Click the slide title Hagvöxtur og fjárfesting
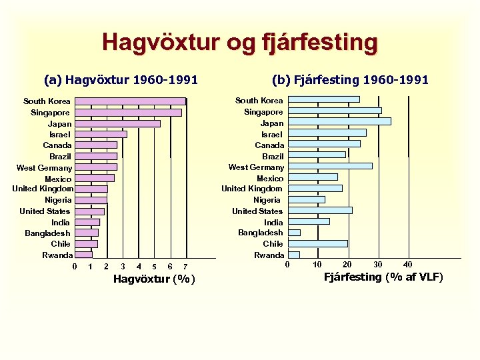[240, 43]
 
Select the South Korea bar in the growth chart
[130, 101]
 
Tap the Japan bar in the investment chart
[339, 121]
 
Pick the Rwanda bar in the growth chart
[83, 255]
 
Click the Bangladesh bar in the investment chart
[294, 233]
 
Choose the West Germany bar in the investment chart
[330, 166]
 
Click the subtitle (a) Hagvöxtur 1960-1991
[121, 80]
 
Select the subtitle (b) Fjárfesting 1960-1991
[350, 80]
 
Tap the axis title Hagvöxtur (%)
[154, 279]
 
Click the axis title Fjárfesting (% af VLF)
[383, 277]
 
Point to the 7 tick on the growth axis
[185, 267]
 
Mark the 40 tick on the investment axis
[408, 265]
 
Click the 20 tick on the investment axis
[347, 265]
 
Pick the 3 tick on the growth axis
[123, 267]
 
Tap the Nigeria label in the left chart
[58, 200]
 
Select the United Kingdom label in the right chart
[252, 189]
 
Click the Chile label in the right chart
[273, 244]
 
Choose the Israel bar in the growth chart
[101, 134]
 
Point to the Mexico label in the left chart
[58, 179]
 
